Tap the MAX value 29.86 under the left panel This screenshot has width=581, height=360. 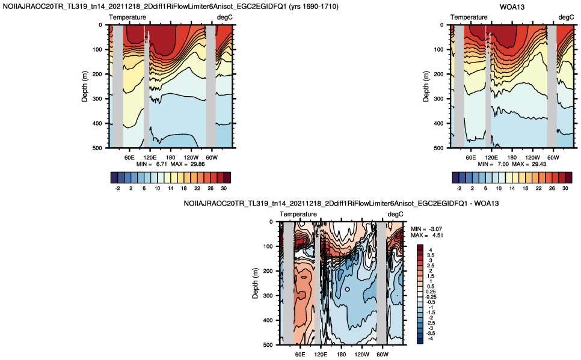197,164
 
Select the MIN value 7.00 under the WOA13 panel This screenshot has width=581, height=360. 503,164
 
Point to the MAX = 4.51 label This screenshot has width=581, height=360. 427,235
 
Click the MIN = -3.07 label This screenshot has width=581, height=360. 426,229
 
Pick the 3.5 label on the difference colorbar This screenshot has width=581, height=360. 431,255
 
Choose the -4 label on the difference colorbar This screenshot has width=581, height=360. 430,338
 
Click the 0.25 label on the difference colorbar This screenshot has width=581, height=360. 431,291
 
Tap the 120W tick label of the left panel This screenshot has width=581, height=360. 191,157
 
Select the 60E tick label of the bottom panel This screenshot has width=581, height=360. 300,355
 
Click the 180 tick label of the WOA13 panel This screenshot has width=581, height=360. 512,157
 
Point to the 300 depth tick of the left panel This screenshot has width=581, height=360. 97,99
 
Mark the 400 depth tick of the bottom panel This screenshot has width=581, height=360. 268,320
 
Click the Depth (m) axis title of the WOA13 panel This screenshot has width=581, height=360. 426,87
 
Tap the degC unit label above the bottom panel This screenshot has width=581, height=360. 395,215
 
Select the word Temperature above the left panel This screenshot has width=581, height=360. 128,17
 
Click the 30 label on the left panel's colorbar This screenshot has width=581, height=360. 223,189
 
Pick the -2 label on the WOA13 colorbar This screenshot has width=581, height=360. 459,189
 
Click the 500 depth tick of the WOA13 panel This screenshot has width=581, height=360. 438,148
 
